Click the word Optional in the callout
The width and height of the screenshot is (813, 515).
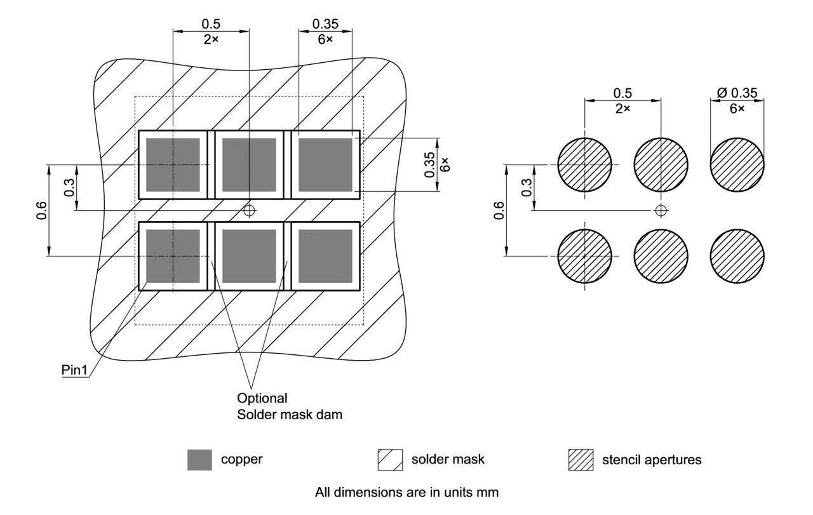[262, 399]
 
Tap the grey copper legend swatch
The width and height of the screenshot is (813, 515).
[199, 460]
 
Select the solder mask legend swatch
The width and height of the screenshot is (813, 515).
[390, 460]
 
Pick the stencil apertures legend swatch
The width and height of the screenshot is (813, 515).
[581, 460]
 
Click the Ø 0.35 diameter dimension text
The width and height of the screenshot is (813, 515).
[737, 93]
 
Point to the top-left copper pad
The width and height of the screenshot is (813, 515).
[173, 164]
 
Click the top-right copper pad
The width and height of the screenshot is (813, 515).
[325, 164]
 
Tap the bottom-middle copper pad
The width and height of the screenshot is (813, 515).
[249, 256]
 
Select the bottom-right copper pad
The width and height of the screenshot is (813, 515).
[325, 256]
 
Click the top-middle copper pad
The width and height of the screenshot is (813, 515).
[249, 164]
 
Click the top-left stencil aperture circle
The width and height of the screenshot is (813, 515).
[584, 164]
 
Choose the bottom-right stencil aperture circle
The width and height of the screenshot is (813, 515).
[737, 256]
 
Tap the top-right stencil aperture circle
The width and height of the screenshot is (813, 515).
[737, 164]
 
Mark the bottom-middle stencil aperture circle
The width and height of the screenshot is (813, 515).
[661, 256]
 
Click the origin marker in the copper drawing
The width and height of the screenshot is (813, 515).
[250, 210]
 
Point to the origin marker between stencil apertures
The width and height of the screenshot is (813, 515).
[661, 210]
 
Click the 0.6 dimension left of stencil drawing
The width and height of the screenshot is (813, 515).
[499, 210]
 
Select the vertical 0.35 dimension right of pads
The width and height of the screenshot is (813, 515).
[430, 164]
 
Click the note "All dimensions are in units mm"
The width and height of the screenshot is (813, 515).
[406, 492]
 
